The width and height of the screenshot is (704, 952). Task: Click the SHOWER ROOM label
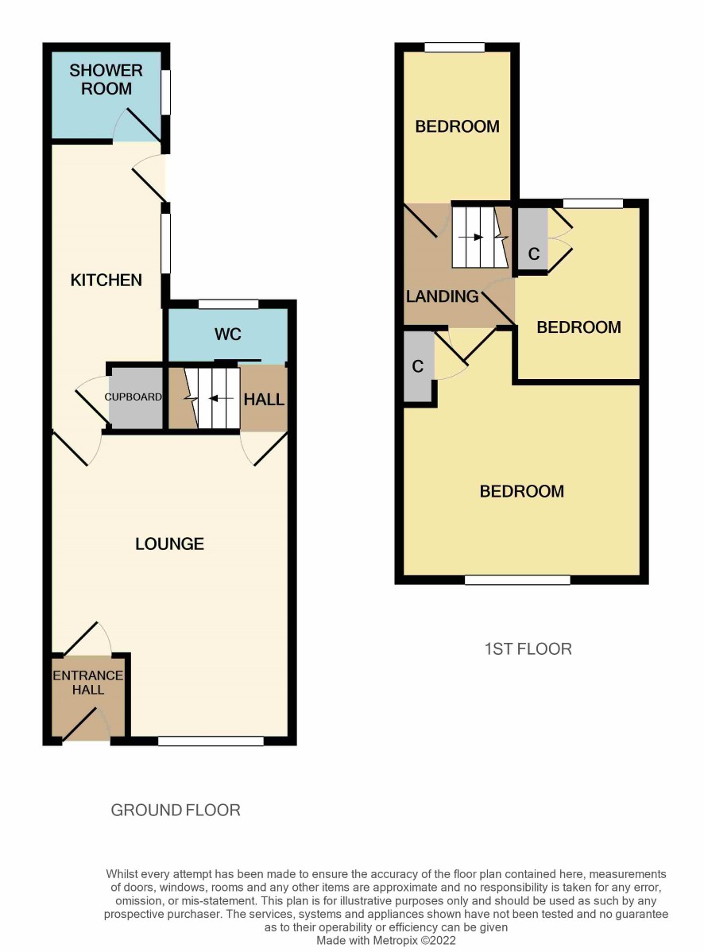(106, 79)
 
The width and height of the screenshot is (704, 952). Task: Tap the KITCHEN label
(106, 280)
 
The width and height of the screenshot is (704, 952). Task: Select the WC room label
(227, 334)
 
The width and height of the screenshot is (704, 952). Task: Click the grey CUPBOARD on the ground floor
(136, 397)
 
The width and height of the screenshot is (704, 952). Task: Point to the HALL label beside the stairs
(264, 400)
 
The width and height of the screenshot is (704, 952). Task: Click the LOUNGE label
(169, 544)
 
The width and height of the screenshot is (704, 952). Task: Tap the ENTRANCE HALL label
(88, 683)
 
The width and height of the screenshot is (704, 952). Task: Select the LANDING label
(443, 296)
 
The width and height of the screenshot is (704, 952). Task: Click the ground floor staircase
(212, 398)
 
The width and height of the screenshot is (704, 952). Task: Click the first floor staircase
(480, 237)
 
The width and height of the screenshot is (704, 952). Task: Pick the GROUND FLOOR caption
(176, 810)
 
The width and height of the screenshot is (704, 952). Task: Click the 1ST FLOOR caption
(528, 649)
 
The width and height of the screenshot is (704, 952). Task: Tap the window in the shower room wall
(165, 92)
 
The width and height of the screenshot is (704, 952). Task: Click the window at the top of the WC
(229, 304)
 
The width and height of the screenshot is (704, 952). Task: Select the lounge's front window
(211, 741)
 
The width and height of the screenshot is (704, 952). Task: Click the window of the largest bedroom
(518, 580)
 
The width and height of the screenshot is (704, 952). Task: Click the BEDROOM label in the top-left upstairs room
(458, 126)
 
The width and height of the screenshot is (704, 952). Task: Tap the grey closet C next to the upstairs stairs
(533, 240)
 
